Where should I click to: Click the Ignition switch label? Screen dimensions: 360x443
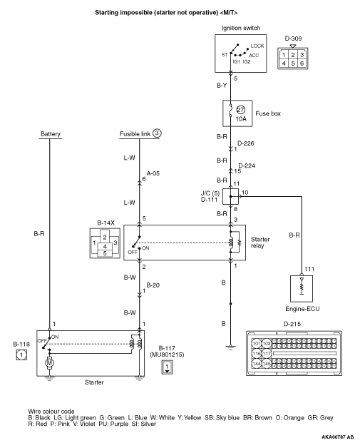pos(240,28)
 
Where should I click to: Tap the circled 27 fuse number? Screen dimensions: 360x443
pos(240,110)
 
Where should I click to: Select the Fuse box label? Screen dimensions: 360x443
pos(268,113)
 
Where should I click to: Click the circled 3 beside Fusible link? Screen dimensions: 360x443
pos(157,133)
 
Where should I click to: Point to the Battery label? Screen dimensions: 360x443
pos(51,134)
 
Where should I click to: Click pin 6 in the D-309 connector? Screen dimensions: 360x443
pos(302,63)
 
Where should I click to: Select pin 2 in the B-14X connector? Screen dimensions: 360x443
pos(105,238)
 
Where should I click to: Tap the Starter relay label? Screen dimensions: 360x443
pos(260,243)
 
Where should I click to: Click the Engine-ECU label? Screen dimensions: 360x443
pos(302,309)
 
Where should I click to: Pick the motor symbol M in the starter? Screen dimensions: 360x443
pos(49,362)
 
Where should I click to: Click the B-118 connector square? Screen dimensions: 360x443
pos(21,355)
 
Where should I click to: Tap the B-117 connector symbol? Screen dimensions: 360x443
pos(167,367)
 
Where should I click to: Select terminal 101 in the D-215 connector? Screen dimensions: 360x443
pos(257,344)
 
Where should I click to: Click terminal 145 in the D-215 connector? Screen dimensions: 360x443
pos(267,364)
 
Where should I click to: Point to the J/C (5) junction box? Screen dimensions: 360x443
pos(230,196)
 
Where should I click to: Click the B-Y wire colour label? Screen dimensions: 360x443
pos(222,86)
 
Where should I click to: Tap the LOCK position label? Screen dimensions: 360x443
pos(257,46)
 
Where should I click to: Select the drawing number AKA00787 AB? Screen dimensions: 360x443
pos(338,437)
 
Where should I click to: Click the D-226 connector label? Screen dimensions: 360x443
pos(246,143)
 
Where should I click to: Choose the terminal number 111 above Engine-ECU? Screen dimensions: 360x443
pos(309,269)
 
